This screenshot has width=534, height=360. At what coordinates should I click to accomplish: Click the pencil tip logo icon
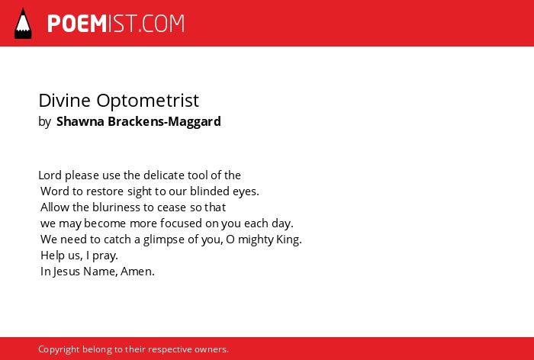[x=23, y=24]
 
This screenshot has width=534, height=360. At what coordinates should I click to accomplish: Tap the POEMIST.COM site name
[x=116, y=24]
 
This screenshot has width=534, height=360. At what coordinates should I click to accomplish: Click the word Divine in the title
[x=64, y=100]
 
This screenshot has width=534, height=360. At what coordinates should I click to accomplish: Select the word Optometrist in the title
[x=147, y=101]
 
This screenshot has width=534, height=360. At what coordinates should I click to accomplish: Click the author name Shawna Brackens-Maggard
[x=139, y=121]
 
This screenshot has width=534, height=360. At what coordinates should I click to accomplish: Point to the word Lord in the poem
[x=50, y=175]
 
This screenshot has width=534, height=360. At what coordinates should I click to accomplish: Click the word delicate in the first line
[x=164, y=175]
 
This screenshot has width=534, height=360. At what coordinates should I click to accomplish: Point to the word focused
[x=181, y=223]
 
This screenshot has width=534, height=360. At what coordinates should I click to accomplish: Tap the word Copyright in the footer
[x=59, y=350]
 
